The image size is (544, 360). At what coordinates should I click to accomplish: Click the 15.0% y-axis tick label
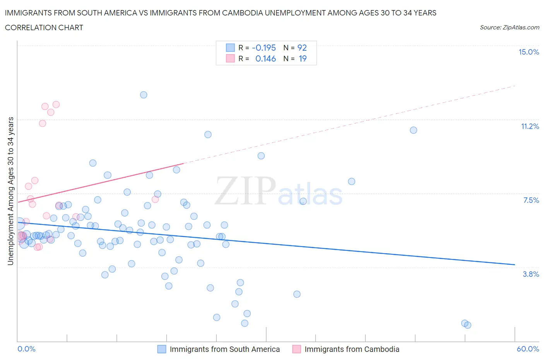click(x=529, y=52)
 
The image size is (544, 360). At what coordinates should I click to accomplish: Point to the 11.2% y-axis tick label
click(x=530, y=126)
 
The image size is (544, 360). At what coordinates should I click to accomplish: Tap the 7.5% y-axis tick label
click(x=531, y=200)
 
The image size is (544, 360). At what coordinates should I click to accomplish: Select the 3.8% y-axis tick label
click(x=531, y=274)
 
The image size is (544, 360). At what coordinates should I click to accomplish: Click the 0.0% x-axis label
click(x=26, y=349)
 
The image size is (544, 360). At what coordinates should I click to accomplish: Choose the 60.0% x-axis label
click(x=528, y=349)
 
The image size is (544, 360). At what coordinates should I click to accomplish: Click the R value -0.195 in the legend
click(x=263, y=48)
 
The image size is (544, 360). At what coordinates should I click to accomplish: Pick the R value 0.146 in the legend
click(x=265, y=58)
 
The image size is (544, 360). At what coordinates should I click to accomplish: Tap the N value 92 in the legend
click(x=302, y=48)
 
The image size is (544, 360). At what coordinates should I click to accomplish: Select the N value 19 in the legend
click(x=303, y=58)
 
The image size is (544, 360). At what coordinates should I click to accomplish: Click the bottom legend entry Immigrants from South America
click(x=224, y=349)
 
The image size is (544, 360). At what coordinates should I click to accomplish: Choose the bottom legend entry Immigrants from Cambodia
click(x=352, y=349)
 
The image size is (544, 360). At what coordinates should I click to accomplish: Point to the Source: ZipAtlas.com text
click(x=509, y=27)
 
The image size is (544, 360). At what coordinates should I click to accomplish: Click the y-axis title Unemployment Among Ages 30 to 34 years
click(x=10, y=191)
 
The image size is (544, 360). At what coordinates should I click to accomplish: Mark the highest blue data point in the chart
click(x=144, y=95)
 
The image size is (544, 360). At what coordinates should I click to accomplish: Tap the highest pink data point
click(x=56, y=105)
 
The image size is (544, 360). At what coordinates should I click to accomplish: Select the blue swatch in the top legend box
click(x=230, y=48)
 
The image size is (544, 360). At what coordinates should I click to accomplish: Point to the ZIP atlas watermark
click(x=279, y=191)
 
